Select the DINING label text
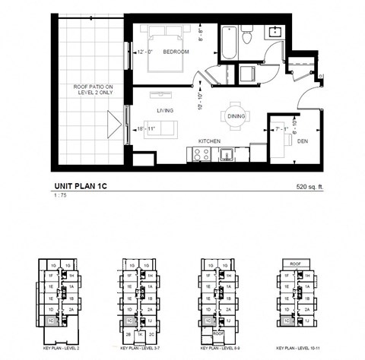[x=235, y=117]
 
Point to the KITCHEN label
[x=210, y=141]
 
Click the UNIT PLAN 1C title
[x=85, y=185]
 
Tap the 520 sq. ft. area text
[x=310, y=185]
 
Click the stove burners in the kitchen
[x=202, y=153]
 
